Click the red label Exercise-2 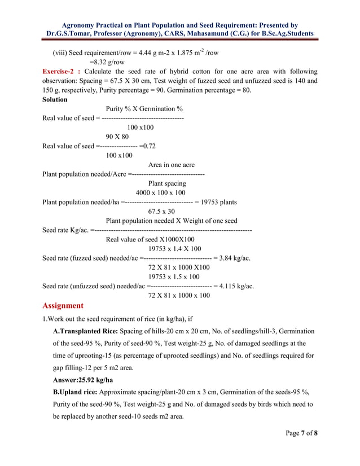tap(62, 72)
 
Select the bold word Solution tap(55, 99)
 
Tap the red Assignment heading tap(63, 306)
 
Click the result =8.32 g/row tap(107, 62)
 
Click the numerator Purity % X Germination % tap(144, 109)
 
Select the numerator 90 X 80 tap(117, 137)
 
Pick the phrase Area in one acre tap(171, 165)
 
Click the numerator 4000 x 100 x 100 tap(160, 192)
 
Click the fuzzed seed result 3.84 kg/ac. tap(235, 258)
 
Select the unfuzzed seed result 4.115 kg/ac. tap(237, 286)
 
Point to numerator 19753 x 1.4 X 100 tap(174, 249)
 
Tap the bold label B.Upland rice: tap(77, 392)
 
